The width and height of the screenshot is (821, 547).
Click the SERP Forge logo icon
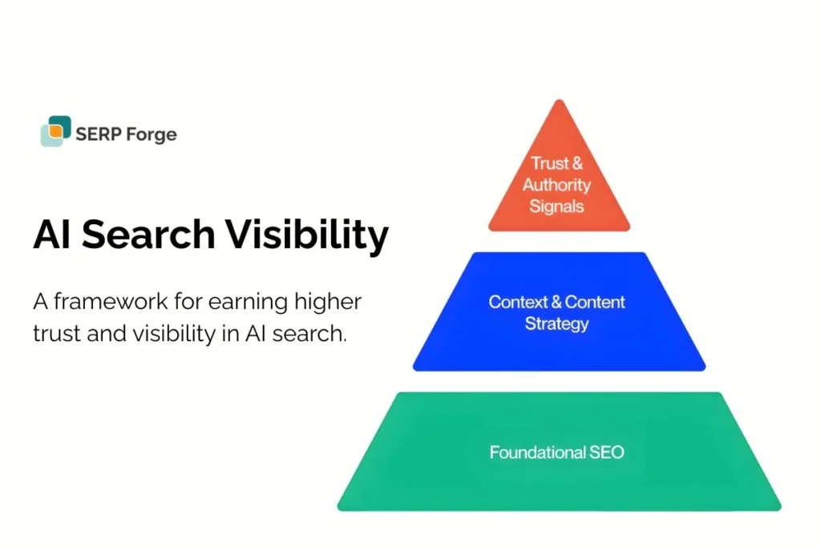55,131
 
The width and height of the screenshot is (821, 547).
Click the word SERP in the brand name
96,133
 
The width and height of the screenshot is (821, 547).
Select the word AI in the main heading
53,235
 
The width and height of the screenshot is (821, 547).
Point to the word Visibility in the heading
306,235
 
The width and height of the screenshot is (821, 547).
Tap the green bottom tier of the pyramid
559,481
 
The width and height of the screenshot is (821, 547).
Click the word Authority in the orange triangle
556,185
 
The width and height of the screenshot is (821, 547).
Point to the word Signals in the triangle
556,207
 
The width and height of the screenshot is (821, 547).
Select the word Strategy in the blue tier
556,324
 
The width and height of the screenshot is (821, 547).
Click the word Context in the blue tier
517,302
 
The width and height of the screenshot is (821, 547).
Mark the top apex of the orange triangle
560,102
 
